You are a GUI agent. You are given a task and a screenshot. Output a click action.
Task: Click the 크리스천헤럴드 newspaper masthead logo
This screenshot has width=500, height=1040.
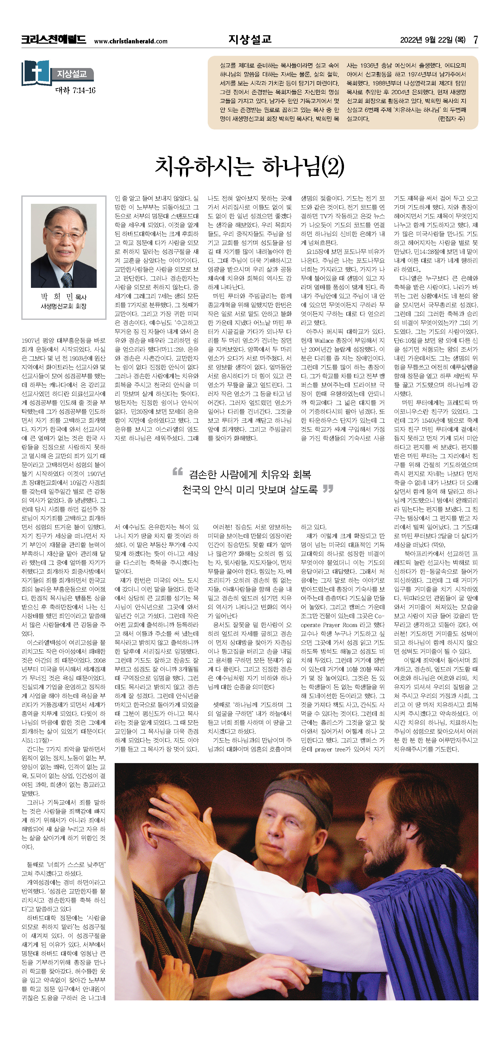tap(54, 40)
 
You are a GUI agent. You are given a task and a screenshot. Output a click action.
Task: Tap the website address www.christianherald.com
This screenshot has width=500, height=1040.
tap(131, 41)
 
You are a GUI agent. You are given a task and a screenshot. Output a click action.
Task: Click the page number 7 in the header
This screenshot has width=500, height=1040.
tap(476, 40)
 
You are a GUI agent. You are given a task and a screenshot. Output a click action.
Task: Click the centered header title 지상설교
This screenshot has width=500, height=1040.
tap(250, 39)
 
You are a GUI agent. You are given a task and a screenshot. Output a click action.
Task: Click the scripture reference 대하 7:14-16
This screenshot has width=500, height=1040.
tap(75, 90)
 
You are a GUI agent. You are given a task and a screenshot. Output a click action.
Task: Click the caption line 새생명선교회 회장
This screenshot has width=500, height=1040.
tap(63, 306)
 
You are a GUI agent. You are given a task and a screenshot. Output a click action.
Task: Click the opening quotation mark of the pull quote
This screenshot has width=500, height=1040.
tap(178, 472)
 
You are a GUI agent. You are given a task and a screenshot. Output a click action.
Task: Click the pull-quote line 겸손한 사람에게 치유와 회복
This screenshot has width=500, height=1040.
tap(250, 474)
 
